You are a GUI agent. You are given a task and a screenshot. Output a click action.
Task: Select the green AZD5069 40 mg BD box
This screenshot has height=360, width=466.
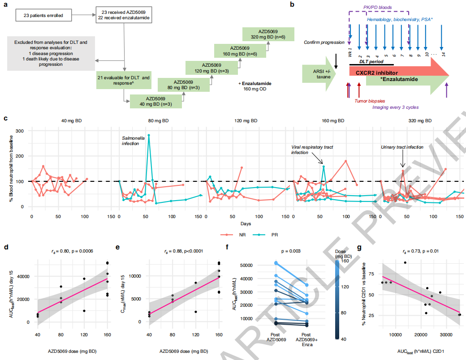(x=155, y=101)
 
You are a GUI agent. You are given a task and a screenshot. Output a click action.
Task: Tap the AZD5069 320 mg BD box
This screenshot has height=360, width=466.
(x=268, y=34)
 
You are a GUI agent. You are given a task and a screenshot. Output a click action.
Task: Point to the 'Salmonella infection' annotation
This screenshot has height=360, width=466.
(x=134, y=141)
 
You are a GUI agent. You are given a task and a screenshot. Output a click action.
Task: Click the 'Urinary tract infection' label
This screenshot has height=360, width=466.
(x=402, y=147)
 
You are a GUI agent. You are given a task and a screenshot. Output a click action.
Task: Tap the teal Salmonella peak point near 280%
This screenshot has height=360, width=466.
(x=149, y=135)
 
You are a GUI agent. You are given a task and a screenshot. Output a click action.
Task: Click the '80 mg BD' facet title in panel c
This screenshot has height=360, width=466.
(x=159, y=121)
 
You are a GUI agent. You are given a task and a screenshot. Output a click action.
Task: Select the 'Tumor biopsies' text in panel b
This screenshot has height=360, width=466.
(x=370, y=101)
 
